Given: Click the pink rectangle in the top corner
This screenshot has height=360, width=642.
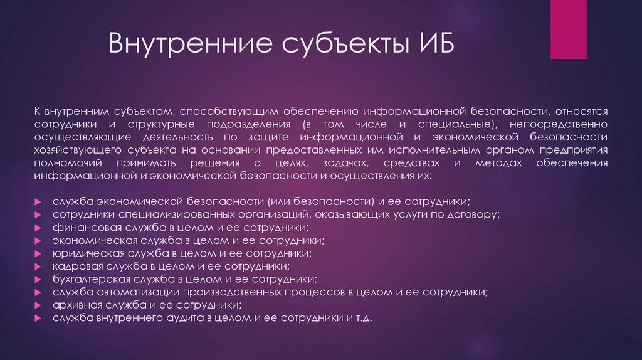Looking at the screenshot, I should click(x=568, y=29).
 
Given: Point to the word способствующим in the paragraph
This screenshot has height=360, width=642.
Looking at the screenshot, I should click(x=228, y=110).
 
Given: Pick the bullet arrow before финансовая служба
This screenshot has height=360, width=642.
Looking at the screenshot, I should click(x=38, y=228).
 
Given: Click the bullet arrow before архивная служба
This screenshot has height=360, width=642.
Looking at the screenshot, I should click(x=38, y=305).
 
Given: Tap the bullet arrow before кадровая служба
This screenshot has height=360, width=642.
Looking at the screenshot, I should click(x=38, y=267).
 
